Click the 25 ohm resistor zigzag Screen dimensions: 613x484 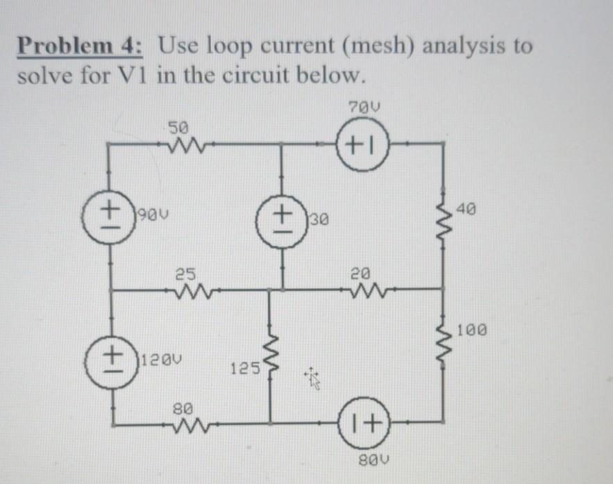192,292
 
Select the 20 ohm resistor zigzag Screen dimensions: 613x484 368,291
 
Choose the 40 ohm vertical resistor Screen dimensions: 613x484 444,221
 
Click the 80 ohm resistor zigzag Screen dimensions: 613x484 192,425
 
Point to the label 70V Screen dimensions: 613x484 364,107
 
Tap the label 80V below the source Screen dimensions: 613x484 374,460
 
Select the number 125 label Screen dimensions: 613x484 245,368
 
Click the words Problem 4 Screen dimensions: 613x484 80,46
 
